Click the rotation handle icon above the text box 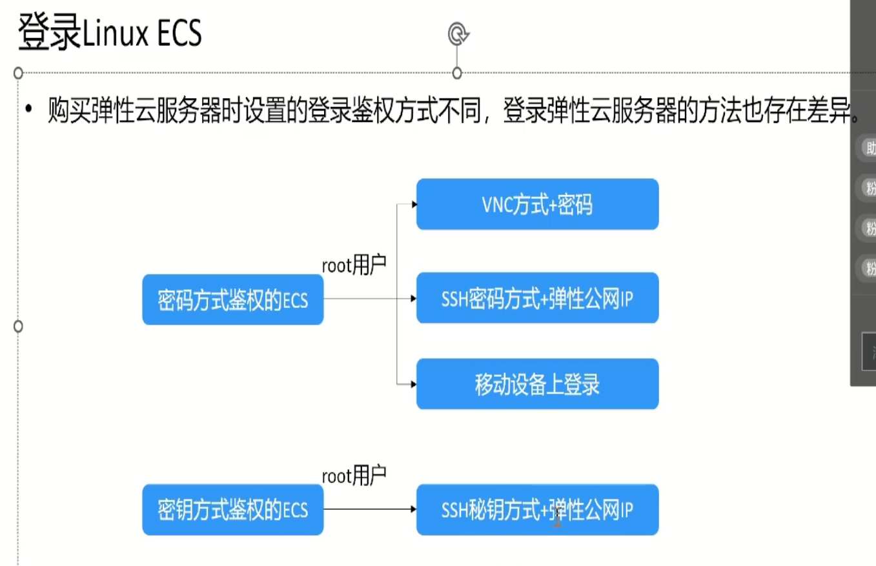point(458,34)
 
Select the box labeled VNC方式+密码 point(537,205)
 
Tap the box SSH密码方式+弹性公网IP point(537,298)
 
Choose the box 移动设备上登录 point(537,385)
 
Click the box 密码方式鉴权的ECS point(232,299)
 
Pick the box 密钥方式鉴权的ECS point(232,510)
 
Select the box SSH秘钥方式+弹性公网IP point(537,510)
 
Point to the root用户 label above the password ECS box point(354,265)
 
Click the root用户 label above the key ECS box point(354,476)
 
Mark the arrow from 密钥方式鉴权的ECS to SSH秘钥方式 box point(369,509)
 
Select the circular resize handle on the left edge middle point(18,327)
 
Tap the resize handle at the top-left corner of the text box point(18,72)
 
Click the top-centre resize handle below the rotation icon point(457,73)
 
